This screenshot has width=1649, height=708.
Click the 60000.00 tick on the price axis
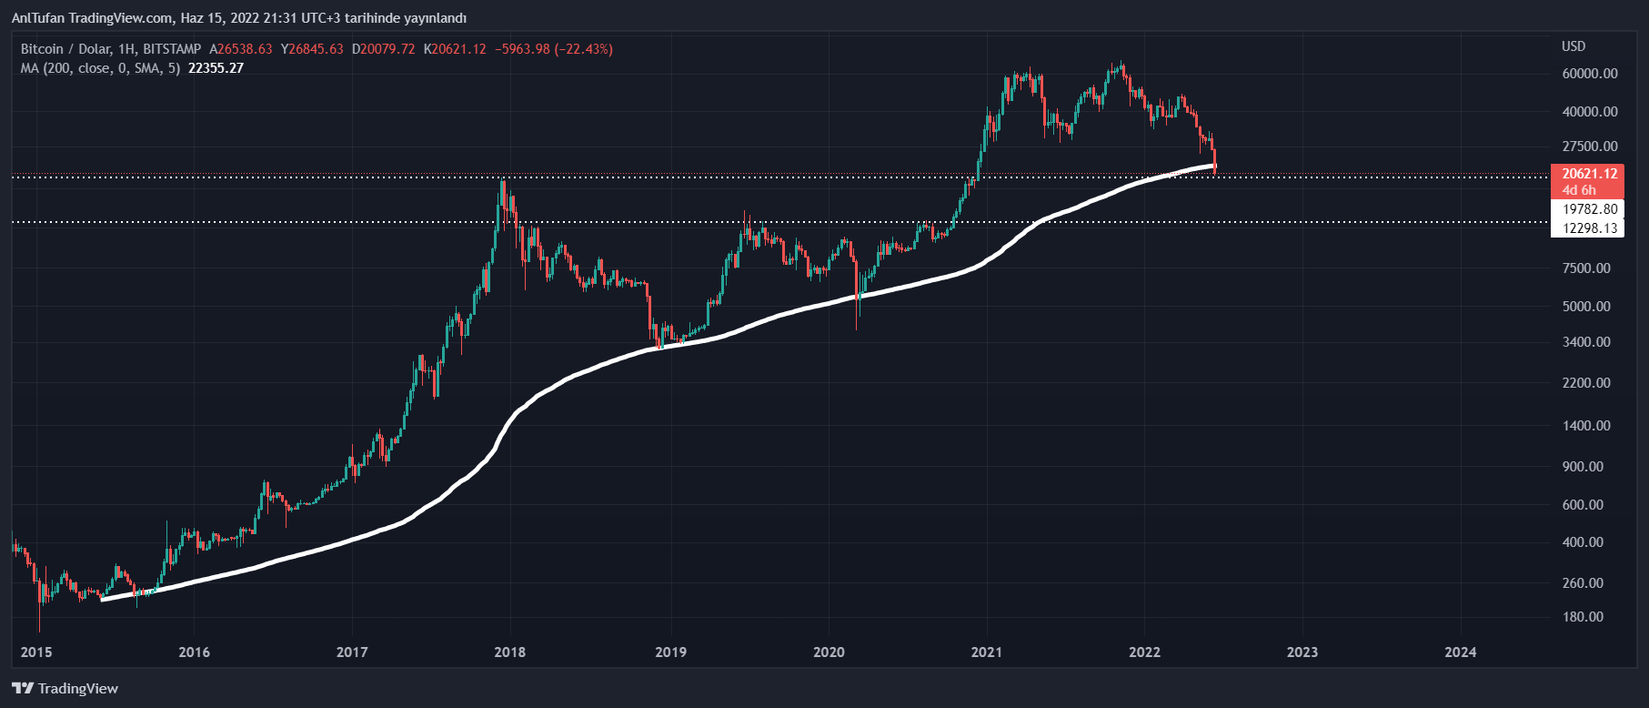1589,74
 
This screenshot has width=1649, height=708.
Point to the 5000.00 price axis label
1586,307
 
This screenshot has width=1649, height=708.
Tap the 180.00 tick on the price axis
1583,617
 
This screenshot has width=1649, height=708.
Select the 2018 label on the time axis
509,652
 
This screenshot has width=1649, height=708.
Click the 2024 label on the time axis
1461,652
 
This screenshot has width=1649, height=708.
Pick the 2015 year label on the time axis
36,652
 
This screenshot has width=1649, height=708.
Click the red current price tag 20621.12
1589,174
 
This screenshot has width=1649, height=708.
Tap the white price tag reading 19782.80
1589,209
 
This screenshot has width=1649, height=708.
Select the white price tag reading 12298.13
1589,228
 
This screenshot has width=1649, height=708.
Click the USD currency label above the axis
1574,46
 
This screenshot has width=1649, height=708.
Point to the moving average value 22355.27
216,68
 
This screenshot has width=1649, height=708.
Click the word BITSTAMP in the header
172,49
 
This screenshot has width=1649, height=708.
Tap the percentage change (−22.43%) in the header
585,49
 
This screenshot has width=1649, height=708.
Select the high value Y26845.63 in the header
312,49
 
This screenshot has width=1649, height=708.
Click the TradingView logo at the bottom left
65,689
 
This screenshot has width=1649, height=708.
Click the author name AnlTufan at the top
35,18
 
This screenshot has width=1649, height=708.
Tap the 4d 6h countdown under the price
1579,190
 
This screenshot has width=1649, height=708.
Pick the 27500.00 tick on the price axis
1589,147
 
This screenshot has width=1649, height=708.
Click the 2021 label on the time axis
986,652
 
